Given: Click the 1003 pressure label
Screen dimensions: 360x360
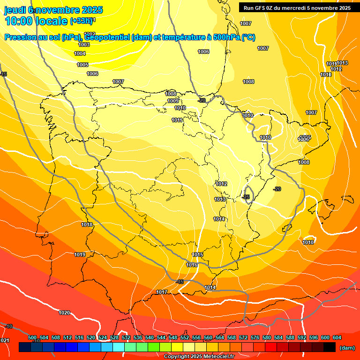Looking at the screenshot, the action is [84, 45].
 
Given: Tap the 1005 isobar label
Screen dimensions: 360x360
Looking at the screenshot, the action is [82, 65].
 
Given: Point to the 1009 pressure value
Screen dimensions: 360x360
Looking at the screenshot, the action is [173, 101].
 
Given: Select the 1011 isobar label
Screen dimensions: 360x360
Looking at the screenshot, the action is [177, 120].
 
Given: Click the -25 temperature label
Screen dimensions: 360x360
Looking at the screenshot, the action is [246, 197].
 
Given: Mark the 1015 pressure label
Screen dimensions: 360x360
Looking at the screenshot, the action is [198, 255].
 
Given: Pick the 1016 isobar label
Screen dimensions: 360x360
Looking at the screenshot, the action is [192, 265].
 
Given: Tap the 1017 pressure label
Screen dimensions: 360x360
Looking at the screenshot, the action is [162, 292].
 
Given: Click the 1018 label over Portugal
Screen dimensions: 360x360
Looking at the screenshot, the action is [87, 225].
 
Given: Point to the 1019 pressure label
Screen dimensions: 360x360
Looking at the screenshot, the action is [80, 255].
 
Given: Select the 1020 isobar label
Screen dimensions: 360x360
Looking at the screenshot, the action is [64, 313].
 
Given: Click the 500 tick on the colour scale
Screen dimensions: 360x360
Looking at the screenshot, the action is [32, 337].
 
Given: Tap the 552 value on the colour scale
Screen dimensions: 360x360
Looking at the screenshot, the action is [185, 337].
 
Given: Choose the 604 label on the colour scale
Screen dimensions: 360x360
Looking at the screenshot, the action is [337, 337].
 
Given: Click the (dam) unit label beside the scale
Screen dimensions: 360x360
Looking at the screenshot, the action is [347, 348].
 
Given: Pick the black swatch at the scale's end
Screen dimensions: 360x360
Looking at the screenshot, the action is [330, 347].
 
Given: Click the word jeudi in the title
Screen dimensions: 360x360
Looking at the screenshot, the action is [15, 10].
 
